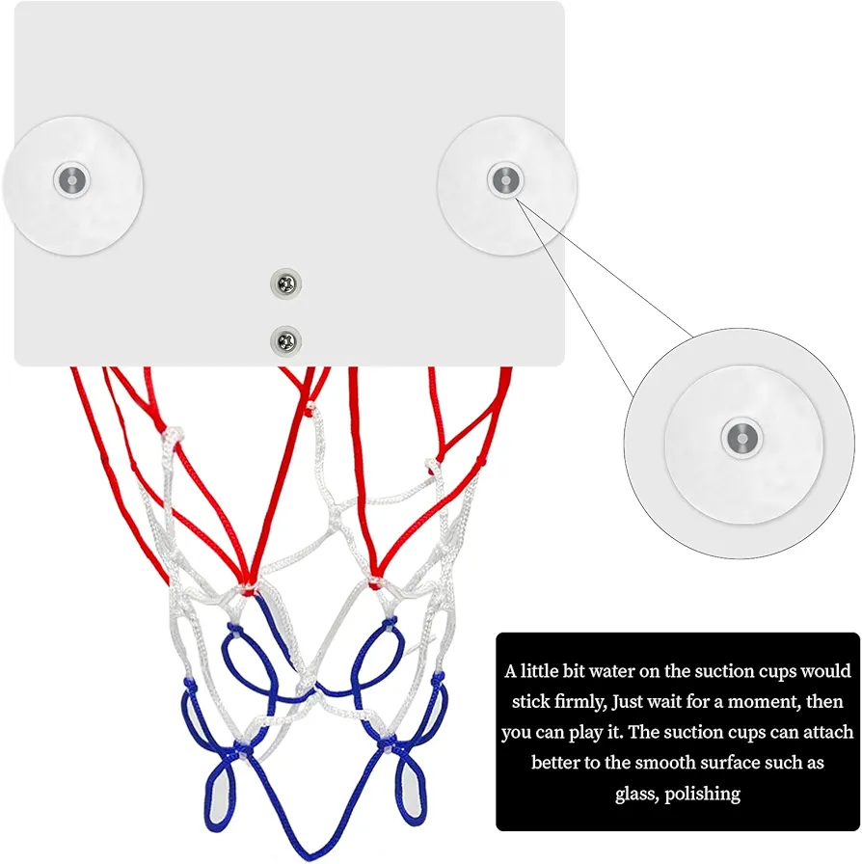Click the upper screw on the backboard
[286, 283]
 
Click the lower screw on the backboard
[286, 341]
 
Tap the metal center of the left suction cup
[71, 179]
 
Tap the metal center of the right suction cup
[505, 179]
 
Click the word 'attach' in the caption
[828, 732]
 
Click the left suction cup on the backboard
[72, 186]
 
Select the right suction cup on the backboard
[507, 186]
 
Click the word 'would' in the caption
[825, 671]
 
